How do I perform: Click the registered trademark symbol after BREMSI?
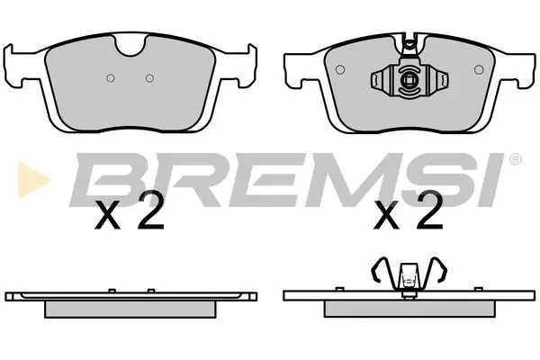point(514,160)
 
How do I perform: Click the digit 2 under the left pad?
point(151,215)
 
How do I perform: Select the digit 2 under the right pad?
point(429,215)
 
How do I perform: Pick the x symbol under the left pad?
point(108,219)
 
